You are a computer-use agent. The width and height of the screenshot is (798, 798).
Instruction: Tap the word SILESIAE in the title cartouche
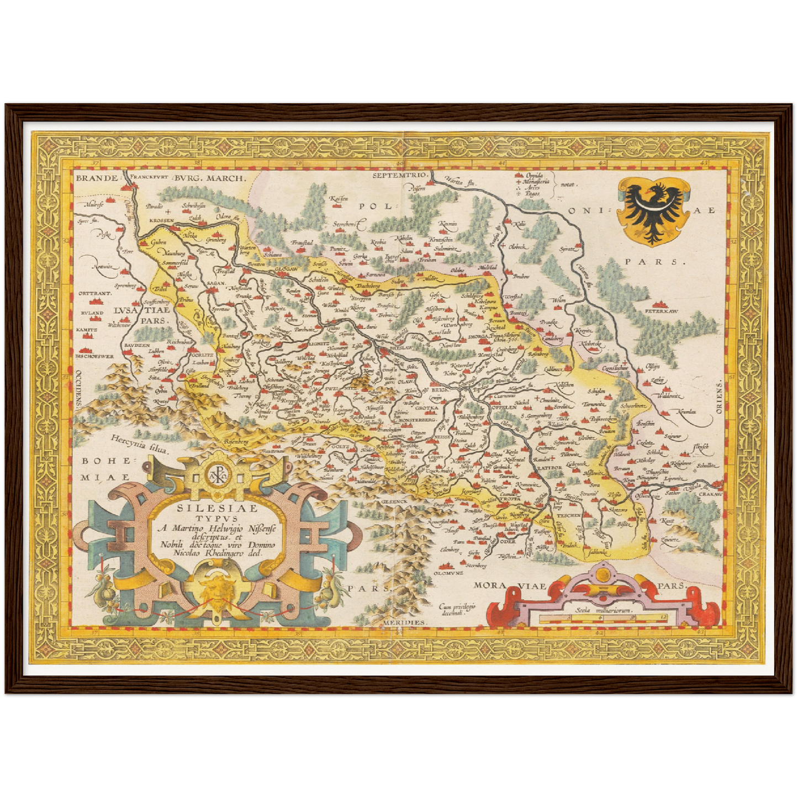click(216, 509)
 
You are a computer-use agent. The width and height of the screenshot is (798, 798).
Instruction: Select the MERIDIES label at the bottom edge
click(404, 622)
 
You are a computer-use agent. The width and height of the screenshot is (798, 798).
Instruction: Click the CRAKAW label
click(710, 494)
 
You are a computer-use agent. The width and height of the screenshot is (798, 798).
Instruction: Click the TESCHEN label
click(568, 515)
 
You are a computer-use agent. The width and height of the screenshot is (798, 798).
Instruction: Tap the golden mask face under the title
click(217, 593)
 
